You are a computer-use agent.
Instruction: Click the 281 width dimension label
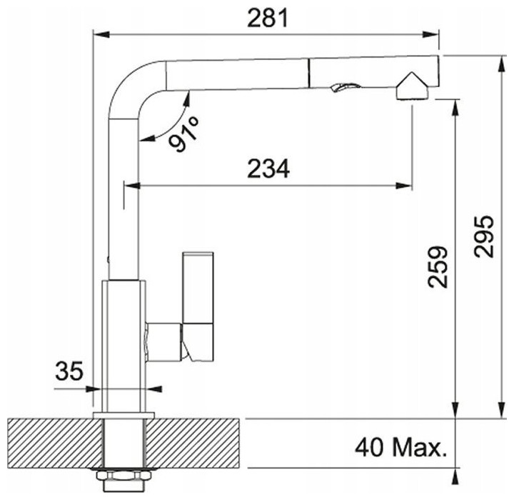coord(268,18)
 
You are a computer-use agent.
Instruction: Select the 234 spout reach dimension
coord(268,169)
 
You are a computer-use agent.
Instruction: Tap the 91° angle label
coord(184,134)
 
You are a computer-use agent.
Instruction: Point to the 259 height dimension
coord(438,266)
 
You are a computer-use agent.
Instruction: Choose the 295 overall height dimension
coord(483,236)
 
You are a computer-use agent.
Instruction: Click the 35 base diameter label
coord(69,371)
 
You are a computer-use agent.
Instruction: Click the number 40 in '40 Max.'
coord(369,448)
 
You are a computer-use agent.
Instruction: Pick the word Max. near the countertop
coord(420,448)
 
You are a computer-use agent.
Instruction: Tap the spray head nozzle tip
coord(412,86)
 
